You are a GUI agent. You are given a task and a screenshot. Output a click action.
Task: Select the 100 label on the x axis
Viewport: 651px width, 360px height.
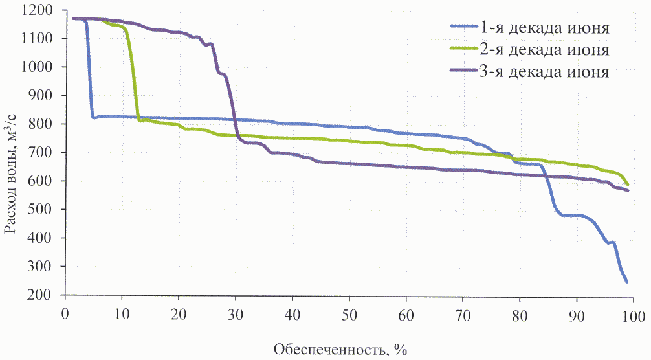coord(632,314)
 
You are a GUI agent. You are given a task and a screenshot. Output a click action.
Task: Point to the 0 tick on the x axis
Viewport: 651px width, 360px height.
coord(65,314)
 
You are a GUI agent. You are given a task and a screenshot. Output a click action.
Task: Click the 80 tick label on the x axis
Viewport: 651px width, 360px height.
coord(519,314)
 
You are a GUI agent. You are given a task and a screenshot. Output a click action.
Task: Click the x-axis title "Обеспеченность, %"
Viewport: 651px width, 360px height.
coord(340,350)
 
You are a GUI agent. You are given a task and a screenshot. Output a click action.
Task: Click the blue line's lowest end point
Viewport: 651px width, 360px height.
coord(626,282)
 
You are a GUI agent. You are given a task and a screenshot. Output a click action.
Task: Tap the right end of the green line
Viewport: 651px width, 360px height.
coord(627,185)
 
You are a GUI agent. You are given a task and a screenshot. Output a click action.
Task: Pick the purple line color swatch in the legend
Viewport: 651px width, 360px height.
coord(463,71)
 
